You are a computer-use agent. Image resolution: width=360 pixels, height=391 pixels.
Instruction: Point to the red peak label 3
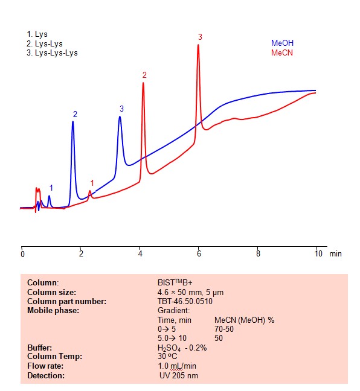tap(200, 37)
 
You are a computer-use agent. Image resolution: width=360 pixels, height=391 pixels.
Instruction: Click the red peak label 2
tap(144, 75)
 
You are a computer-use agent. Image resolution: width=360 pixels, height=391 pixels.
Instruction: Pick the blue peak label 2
tap(75, 114)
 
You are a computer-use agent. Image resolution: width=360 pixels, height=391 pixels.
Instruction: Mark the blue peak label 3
tap(121, 109)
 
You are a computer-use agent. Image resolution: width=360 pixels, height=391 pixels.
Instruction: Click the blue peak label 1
tap(51, 188)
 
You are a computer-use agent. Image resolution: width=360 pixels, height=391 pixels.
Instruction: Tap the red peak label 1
tap(92, 183)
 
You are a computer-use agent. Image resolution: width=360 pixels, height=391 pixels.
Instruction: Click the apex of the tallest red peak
tap(198, 45)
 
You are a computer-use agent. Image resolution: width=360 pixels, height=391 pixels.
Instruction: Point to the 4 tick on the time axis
tap(140, 254)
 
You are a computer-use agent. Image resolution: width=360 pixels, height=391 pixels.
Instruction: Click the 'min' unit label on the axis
tap(335, 254)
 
